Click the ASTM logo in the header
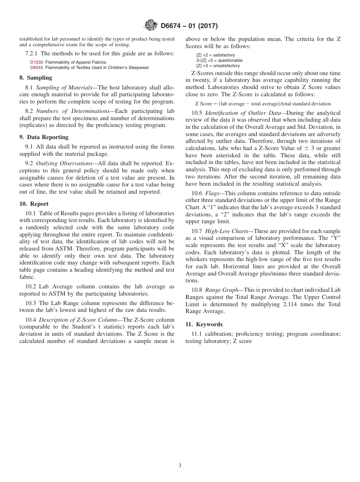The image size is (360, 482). pos(150,26)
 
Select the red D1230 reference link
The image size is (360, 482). pos(36,62)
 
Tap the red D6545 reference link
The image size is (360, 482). pos(36,67)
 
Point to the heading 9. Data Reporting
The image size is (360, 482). pos(44,137)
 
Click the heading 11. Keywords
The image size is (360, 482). pos(204,324)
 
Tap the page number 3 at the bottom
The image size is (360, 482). pos(180,466)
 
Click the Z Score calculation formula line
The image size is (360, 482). pos(263,103)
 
